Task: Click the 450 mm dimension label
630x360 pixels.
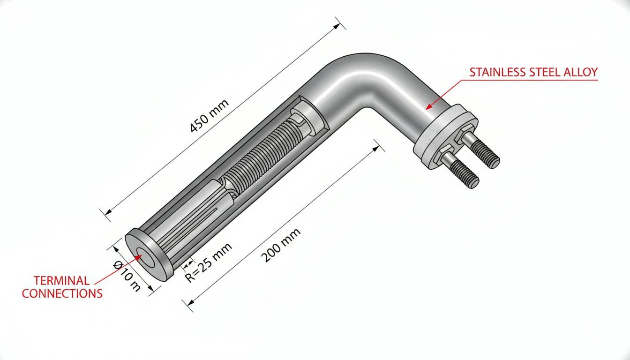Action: pyautogui.click(x=210, y=116)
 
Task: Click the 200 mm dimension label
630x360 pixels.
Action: pyautogui.click(x=281, y=245)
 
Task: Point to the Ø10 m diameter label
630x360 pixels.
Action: pyautogui.click(x=127, y=276)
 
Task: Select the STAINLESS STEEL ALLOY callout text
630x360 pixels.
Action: pyautogui.click(x=533, y=72)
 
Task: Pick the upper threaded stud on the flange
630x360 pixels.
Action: pyautogui.click(x=480, y=149)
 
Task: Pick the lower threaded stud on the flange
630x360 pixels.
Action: pyautogui.click(x=459, y=169)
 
